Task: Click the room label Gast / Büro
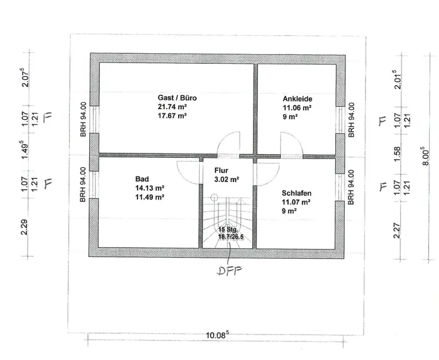pyautogui.click(x=177, y=98)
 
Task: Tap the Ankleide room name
pyautogui.click(x=297, y=99)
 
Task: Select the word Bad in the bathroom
pyautogui.click(x=142, y=179)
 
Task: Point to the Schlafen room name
pyautogui.click(x=297, y=193)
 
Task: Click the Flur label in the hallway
pyautogui.click(x=221, y=170)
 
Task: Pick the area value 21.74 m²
pyautogui.click(x=172, y=107)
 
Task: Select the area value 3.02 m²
pyautogui.click(x=227, y=179)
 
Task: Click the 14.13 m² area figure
pyautogui.click(x=149, y=188)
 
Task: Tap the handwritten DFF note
pyautogui.click(x=229, y=271)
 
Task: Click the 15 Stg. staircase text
pyautogui.click(x=228, y=230)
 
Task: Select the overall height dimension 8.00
pyautogui.click(x=425, y=156)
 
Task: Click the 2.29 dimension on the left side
pyautogui.click(x=24, y=227)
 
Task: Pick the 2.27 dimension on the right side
pyautogui.click(x=397, y=230)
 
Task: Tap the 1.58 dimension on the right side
pyautogui.click(x=397, y=154)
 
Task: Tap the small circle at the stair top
pyautogui.click(x=214, y=198)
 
